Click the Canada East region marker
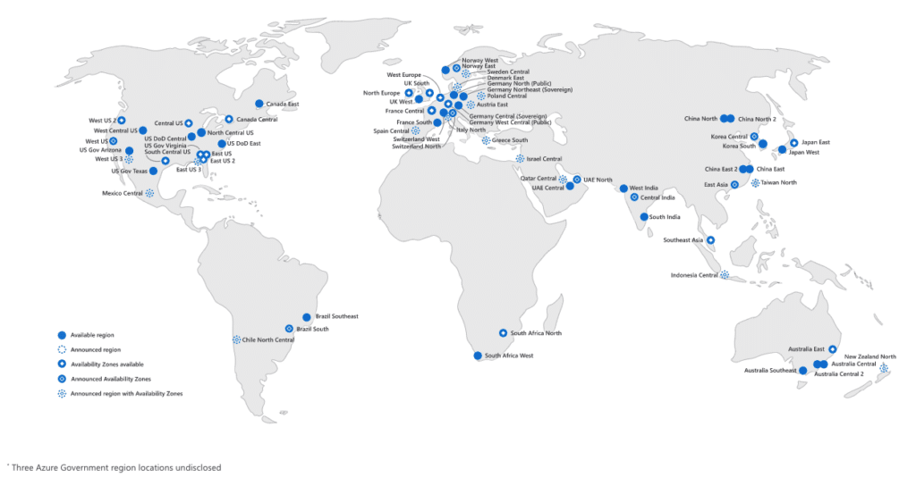[x=259, y=104]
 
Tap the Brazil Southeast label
[x=336, y=316]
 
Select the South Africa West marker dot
[x=478, y=356]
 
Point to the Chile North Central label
[x=268, y=340]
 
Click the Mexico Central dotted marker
[x=149, y=192]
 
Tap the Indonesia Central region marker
[x=725, y=275]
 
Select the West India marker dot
[x=623, y=188]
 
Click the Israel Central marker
[x=521, y=159]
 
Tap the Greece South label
[x=510, y=140]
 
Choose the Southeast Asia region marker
[x=710, y=239]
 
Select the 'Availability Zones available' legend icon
[x=62, y=364]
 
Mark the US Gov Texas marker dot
[x=153, y=171]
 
